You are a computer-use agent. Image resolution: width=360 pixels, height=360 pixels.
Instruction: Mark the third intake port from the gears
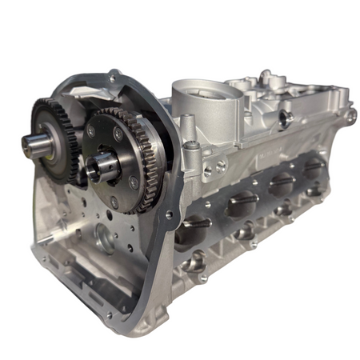280,185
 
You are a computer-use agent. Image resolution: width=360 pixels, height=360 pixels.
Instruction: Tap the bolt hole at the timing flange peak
114,78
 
